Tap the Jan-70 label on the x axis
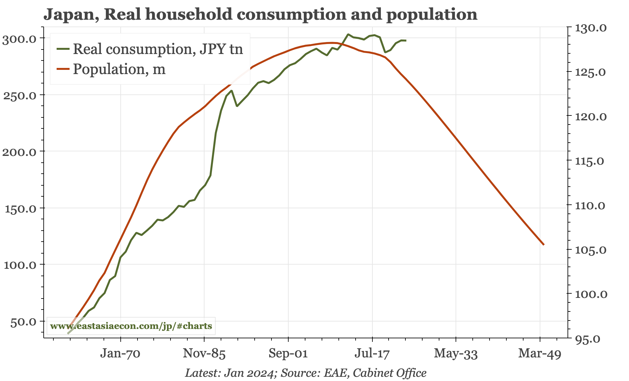(x=120, y=354)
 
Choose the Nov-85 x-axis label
(x=204, y=354)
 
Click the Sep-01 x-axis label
(x=288, y=354)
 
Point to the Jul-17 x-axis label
(x=372, y=354)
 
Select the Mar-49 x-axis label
(x=539, y=354)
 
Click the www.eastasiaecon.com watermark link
(x=131, y=326)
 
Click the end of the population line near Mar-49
(x=544, y=245)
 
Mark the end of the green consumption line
(x=406, y=40)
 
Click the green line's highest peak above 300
(x=348, y=34)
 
